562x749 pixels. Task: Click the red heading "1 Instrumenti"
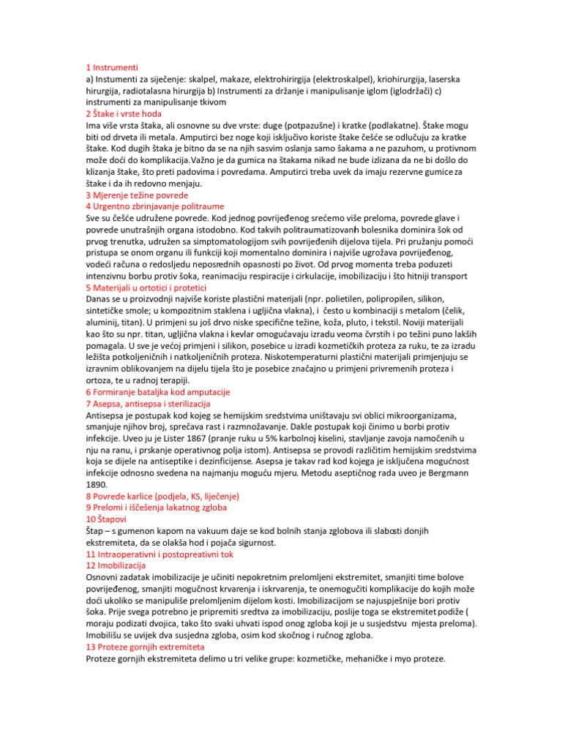[x=111, y=67]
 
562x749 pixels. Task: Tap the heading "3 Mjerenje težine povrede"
[x=137, y=195]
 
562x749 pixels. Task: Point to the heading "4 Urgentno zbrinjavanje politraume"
[x=155, y=207]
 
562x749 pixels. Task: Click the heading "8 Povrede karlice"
[x=162, y=496]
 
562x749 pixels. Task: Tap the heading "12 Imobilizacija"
[x=116, y=565]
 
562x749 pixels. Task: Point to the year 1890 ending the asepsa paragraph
[x=97, y=484]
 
